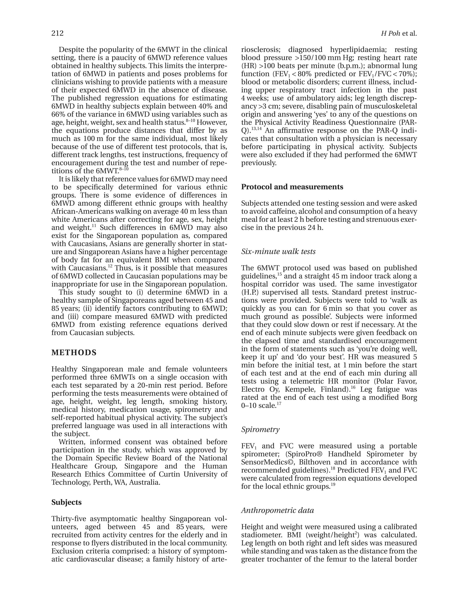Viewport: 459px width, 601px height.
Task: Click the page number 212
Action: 57,33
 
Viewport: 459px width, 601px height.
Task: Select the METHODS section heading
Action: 74,353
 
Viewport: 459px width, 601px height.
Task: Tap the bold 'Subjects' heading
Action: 66,502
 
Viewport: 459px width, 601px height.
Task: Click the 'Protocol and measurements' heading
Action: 292,187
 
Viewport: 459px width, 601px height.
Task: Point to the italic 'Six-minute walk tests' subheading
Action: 278,252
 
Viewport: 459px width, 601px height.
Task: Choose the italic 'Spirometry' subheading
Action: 260,430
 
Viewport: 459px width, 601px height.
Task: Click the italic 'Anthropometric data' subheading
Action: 277,510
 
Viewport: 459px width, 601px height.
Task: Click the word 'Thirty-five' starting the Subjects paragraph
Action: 69,519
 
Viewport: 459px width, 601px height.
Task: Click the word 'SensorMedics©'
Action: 262,462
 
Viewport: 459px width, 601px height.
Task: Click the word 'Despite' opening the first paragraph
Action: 71,50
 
